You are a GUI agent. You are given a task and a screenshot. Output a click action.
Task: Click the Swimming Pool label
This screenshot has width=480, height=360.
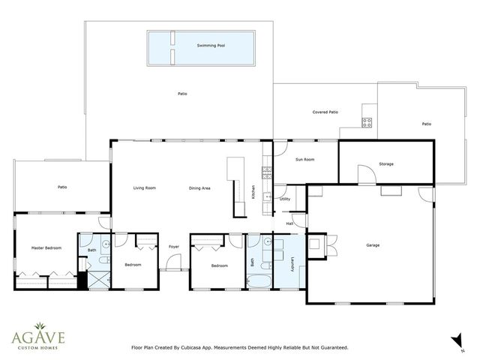coord(211,46)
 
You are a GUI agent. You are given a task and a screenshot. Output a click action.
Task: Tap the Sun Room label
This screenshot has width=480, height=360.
coord(304,160)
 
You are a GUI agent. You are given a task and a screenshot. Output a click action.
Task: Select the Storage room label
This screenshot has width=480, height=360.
coord(385,163)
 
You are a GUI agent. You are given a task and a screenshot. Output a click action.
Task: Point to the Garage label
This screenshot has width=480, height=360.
coord(373,245)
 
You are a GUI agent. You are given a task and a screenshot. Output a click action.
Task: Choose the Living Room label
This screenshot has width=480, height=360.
coord(144,188)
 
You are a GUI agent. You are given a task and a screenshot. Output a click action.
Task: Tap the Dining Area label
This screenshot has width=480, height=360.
coord(199,188)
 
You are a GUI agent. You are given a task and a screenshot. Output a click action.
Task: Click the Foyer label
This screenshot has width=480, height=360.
coord(174,246)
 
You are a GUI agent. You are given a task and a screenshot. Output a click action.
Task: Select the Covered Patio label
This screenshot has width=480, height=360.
coord(325,112)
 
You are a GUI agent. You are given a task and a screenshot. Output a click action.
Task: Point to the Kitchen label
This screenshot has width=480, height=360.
coord(253,191)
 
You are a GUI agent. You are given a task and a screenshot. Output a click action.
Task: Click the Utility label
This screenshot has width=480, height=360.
coord(285,199)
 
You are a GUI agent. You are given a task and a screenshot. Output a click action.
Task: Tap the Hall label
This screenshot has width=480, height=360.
coord(289,223)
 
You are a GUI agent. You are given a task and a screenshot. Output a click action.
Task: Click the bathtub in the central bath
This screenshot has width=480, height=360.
coord(261,283)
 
